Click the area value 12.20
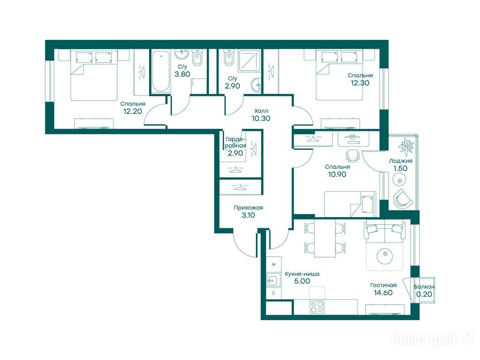point(133,111)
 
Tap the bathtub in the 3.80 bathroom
point(161,72)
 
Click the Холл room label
point(261,111)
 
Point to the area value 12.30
point(360,82)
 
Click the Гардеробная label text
point(235,142)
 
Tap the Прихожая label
point(248,208)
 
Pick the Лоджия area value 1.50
point(400,168)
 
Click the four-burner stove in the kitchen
point(317,307)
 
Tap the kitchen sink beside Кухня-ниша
point(273,280)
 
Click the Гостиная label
point(383,285)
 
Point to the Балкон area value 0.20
point(424,294)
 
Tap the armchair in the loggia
point(403,199)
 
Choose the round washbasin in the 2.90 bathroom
point(256,85)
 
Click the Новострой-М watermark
point(433,339)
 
